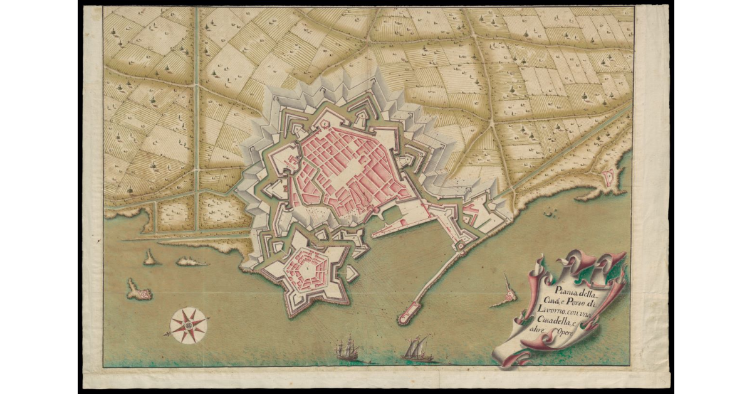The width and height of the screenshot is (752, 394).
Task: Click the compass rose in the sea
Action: click(x=188, y=325)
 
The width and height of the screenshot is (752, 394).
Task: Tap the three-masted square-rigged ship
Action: click(x=347, y=349)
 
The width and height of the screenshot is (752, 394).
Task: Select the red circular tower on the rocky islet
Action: click(x=509, y=295)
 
